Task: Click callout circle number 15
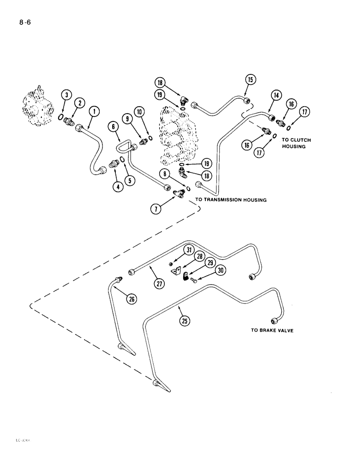coord(250,79)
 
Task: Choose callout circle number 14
coord(276,96)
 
